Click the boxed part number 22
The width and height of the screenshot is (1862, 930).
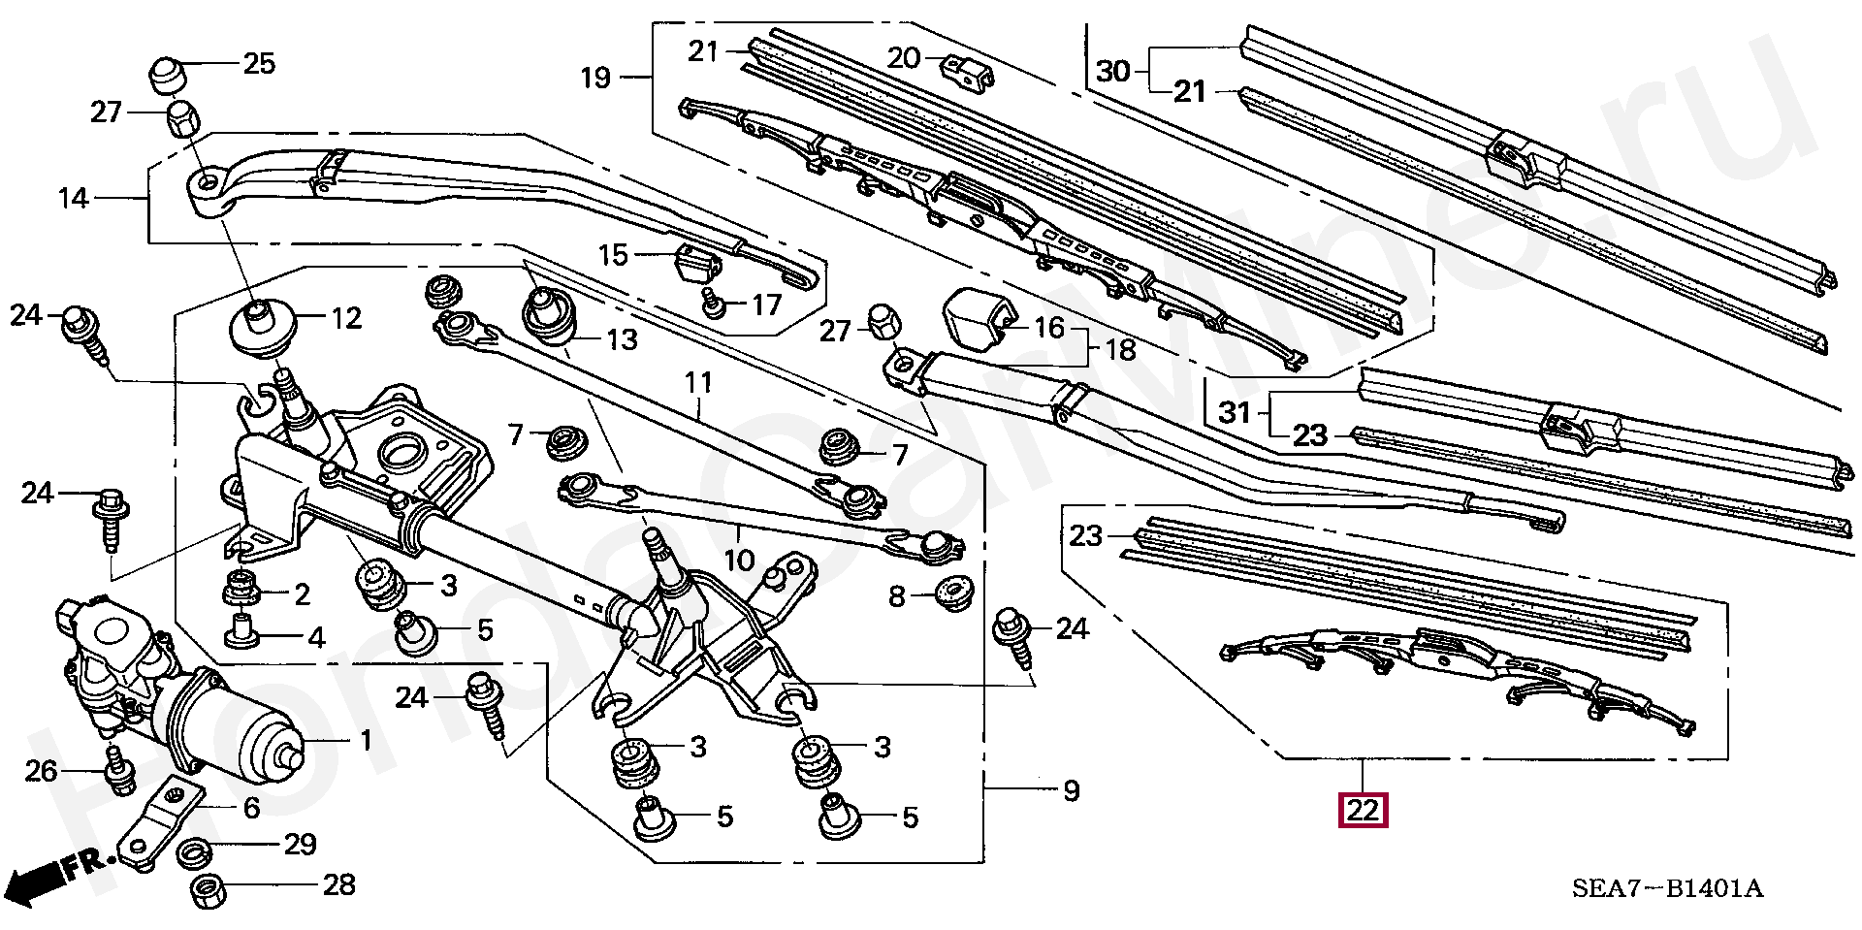(x=1363, y=810)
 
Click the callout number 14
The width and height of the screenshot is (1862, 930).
(x=74, y=198)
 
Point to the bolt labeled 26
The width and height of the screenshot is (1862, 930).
(x=118, y=771)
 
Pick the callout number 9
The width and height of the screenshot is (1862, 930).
(x=1070, y=791)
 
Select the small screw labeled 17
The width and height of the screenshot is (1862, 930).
(x=716, y=306)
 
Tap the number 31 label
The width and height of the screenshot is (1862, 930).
(x=1235, y=413)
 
